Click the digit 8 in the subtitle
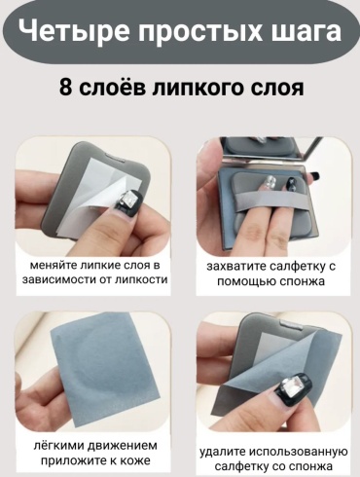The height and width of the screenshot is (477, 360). (x=65, y=88)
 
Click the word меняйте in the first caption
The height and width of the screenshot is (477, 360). (x=54, y=266)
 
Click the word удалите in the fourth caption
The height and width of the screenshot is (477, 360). (x=222, y=452)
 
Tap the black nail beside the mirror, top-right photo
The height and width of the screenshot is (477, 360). (x=313, y=176)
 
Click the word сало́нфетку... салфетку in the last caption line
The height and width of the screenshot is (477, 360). (x=240, y=466)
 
